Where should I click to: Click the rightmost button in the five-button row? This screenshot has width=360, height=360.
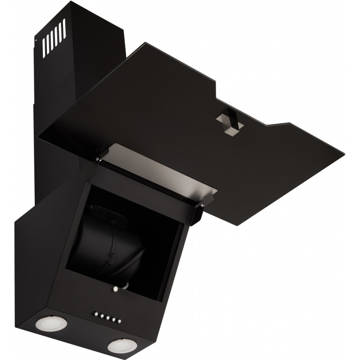coord(120,321)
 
